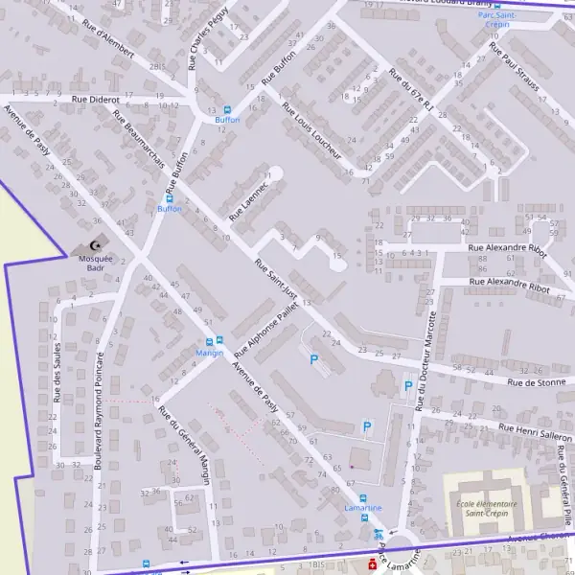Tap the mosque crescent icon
click(94, 246)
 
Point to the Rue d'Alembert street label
click(107, 39)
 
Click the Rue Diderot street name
click(94, 99)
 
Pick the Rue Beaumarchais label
click(138, 145)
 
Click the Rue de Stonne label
click(536, 382)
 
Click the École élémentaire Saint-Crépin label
click(487, 509)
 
